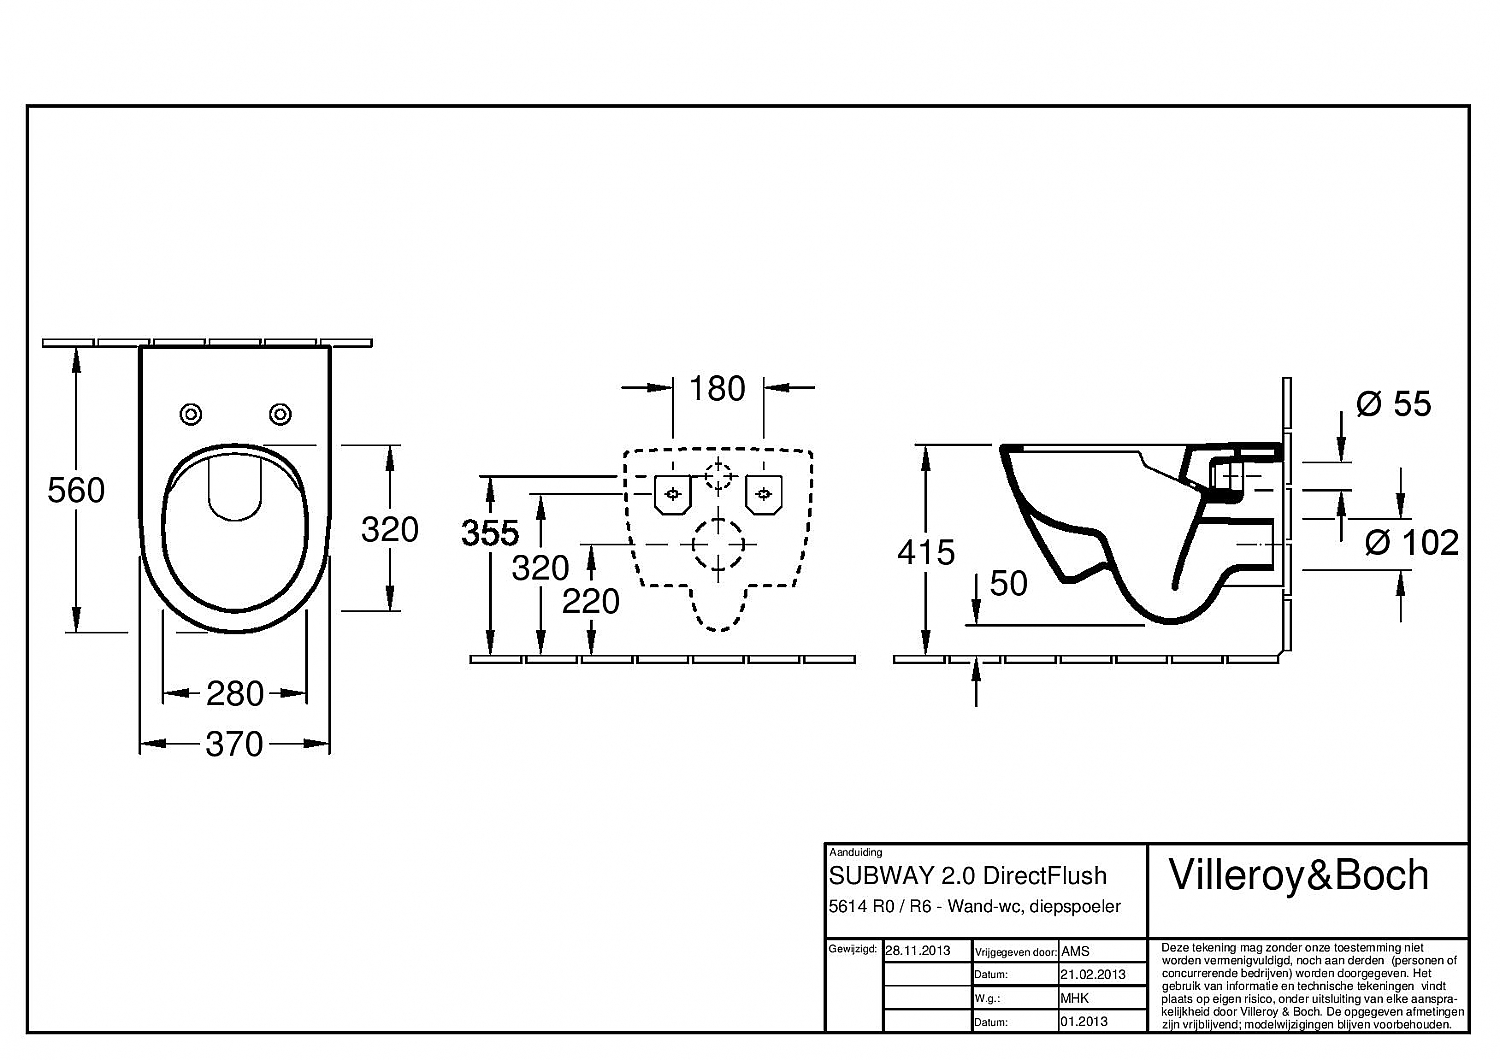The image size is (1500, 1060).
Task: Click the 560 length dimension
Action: [76, 490]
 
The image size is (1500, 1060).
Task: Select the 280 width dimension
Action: [235, 693]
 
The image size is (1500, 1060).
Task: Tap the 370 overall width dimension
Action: [234, 744]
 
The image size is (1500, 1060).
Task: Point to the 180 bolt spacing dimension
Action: [717, 388]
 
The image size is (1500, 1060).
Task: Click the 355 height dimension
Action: [490, 533]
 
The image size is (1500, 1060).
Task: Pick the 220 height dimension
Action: [590, 601]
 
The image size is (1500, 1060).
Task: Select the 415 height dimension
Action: [926, 552]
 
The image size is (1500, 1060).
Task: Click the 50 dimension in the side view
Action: [1008, 583]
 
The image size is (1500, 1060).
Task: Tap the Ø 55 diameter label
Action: [1393, 404]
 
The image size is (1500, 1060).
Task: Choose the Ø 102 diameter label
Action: [1412, 542]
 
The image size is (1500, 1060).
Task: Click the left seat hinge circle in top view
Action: [190, 414]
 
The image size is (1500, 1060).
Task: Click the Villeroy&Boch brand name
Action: [1298, 875]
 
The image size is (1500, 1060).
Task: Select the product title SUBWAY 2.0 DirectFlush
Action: [968, 876]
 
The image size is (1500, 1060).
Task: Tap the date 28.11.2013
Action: [917, 950]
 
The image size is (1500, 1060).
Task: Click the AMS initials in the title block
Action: [1075, 951]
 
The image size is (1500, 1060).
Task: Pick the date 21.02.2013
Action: [1092, 974]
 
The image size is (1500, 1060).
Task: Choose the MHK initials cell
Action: [1075, 998]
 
